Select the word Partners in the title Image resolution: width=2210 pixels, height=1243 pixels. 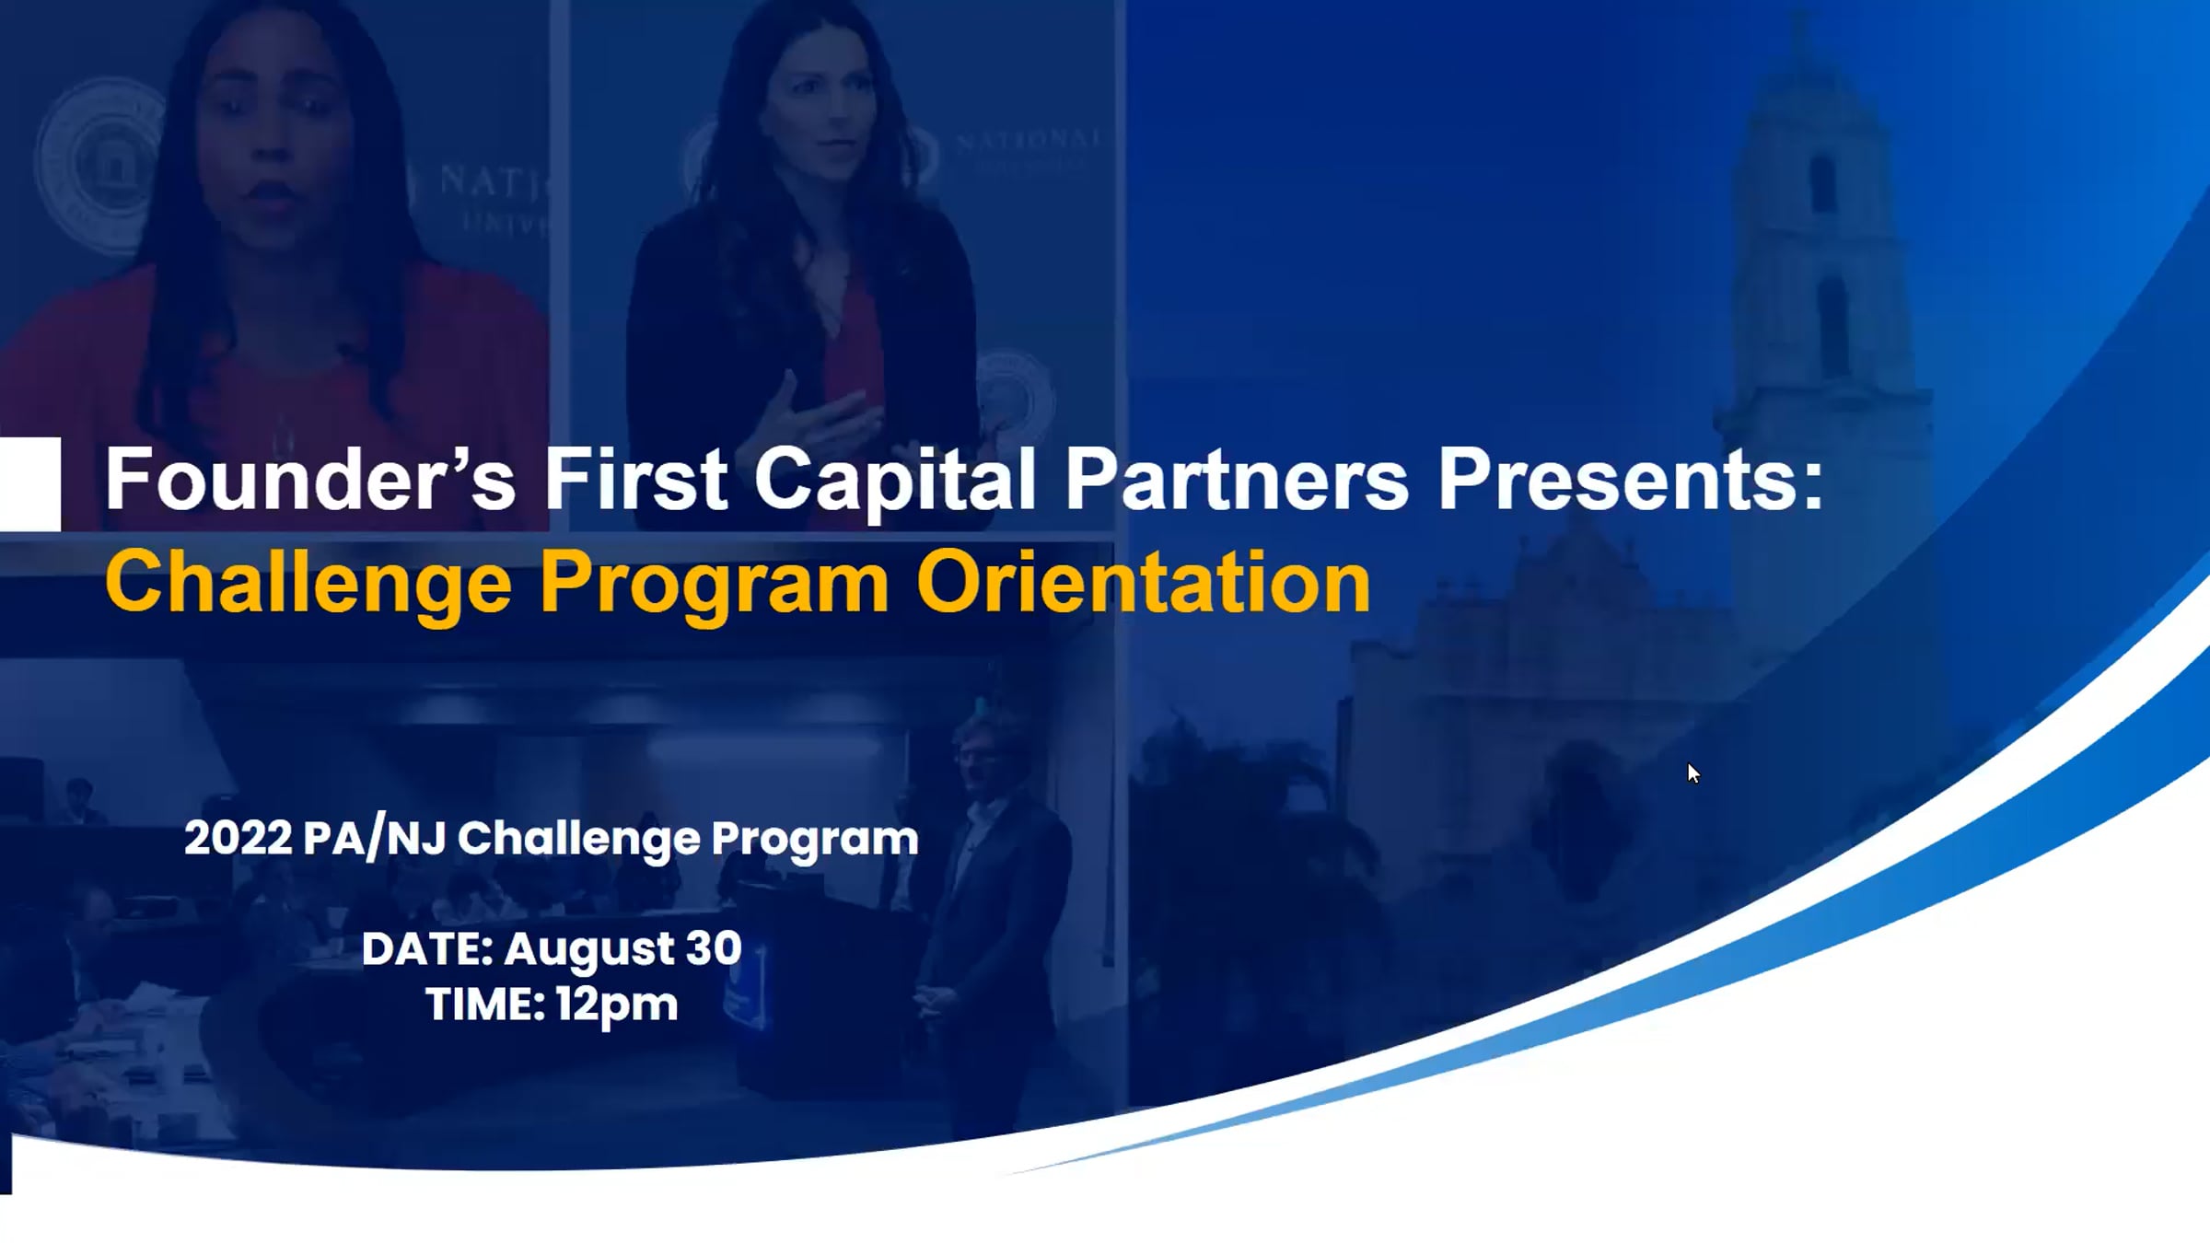[1237, 479]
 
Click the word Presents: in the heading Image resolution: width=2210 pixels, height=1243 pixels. [1631, 479]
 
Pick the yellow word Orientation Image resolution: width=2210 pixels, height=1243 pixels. [1144, 581]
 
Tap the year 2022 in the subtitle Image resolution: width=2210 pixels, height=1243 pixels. [238, 838]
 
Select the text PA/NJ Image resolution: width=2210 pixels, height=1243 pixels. [374, 839]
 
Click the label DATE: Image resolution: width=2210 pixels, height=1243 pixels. [427, 948]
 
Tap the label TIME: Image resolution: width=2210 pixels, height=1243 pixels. [485, 1004]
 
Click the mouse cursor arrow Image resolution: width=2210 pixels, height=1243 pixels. [1693, 773]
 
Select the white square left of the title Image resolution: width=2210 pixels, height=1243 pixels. [30, 484]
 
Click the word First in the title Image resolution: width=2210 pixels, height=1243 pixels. [635, 479]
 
